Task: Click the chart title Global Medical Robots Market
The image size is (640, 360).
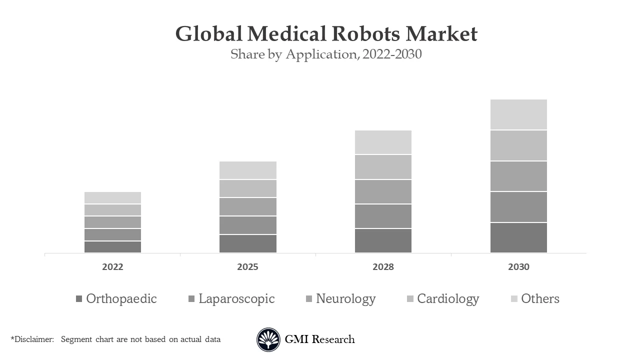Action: [x=326, y=34]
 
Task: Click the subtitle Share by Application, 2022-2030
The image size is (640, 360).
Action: [x=326, y=54]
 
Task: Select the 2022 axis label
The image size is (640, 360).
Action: [x=112, y=267]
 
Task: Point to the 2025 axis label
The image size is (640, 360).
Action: [x=248, y=267]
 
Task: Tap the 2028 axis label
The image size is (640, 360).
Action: [x=383, y=267]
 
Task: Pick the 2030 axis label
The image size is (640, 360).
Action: [x=518, y=267]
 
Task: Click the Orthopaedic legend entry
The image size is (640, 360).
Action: [x=116, y=299]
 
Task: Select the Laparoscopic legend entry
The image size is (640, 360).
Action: [x=231, y=299]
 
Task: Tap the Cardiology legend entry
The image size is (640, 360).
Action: [x=442, y=299]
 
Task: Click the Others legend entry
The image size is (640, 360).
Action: [x=534, y=299]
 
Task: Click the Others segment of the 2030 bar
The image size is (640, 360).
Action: [x=518, y=114]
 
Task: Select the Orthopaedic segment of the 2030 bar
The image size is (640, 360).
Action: [x=518, y=237]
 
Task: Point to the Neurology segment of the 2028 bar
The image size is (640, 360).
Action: [x=383, y=191]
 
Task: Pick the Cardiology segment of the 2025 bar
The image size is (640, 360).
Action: [x=248, y=188]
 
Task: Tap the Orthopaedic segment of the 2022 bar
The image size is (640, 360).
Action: [x=112, y=247]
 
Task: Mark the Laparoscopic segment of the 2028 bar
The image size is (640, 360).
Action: [x=383, y=216]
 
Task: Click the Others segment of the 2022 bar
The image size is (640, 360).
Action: [x=112, y=197]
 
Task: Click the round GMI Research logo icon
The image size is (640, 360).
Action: [x=268, y=340]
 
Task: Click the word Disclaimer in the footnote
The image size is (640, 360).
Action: [x=33, y=339]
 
